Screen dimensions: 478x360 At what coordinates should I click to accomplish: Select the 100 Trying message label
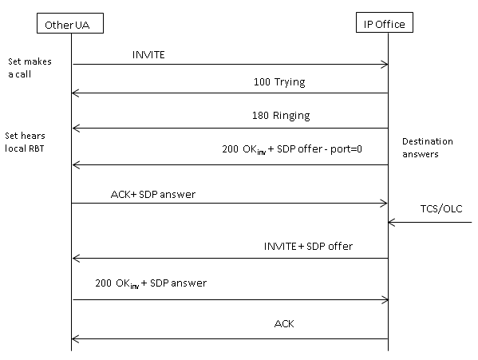tap(279, 82)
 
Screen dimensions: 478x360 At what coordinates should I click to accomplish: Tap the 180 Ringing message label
tap(281, 116)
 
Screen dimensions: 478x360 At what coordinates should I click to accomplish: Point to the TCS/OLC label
tap(441, 209)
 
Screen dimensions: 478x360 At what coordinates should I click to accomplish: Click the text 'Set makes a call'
tap(30, 68)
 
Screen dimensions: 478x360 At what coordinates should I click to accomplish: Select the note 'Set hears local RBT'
tap(25, 142)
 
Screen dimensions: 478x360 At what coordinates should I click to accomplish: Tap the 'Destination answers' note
tap(428, 148)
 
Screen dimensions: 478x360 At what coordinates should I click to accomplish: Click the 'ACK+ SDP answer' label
tap(152, 195)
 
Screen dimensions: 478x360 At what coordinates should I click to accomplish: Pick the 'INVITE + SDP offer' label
tap(308, 247)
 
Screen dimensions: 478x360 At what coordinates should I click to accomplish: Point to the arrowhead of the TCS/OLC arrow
tap(389, 223)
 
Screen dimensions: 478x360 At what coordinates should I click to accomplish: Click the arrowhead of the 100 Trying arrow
tap(73, 93)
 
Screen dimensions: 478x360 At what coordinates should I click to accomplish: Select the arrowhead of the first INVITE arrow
tap(388, 65)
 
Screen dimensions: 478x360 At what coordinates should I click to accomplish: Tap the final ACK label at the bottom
tap(284, 324)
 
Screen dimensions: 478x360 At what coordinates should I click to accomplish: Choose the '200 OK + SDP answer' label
tap(151, 283)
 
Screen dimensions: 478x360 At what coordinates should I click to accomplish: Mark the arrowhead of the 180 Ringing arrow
tap(73, 129)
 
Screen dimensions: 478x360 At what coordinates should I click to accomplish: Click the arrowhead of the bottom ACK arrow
tap(73, 338)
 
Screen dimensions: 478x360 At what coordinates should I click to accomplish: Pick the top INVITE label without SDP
tap(148, 55)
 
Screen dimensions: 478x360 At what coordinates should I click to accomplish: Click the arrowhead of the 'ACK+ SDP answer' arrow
tap(387, 204)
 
